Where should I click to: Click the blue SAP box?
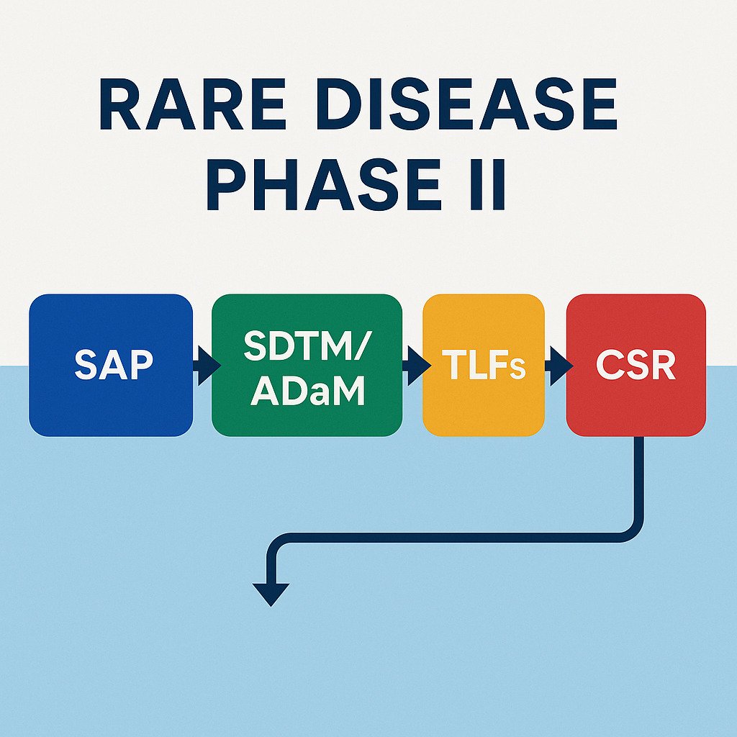point(111,365)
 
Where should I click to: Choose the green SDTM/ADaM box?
point(306,365)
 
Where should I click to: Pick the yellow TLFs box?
point(484,365)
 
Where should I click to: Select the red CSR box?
point(636,365)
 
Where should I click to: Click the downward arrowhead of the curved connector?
point(272,594)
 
